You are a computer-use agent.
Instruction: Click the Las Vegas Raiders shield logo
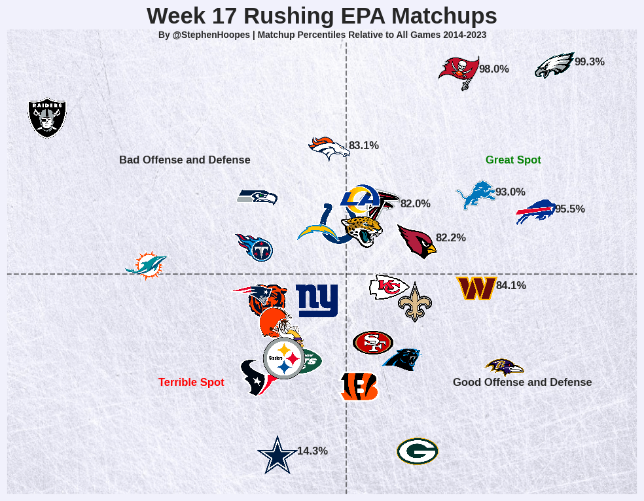[x=47, y=118]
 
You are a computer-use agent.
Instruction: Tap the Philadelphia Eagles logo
[x=554, y=65]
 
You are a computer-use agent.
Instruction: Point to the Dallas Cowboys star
[x=277, y=455]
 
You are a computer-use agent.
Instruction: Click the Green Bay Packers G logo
[x=417, y=451]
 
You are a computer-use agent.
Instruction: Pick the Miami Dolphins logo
[x=146, y=265]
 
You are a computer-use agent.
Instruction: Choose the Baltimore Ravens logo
[x=503, y=367]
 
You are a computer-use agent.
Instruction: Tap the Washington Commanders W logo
[x=476, y=288]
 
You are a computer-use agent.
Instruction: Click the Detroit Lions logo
[x=475, y=195]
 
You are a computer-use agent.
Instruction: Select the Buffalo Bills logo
[x=535, y=211]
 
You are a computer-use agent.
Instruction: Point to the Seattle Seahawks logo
[x=257, y=196]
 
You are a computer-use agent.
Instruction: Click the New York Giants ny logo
[x=317, y=300]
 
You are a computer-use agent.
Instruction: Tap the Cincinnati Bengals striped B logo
[x=359, y=386]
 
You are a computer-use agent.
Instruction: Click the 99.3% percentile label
[x=589, y=62]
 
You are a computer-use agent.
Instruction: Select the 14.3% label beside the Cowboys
[x=312, y=451]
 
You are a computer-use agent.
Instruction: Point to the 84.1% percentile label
[x=511, y=286]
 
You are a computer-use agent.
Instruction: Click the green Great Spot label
[x=513, y=160]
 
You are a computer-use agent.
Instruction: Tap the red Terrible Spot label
[x=191, y=383]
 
